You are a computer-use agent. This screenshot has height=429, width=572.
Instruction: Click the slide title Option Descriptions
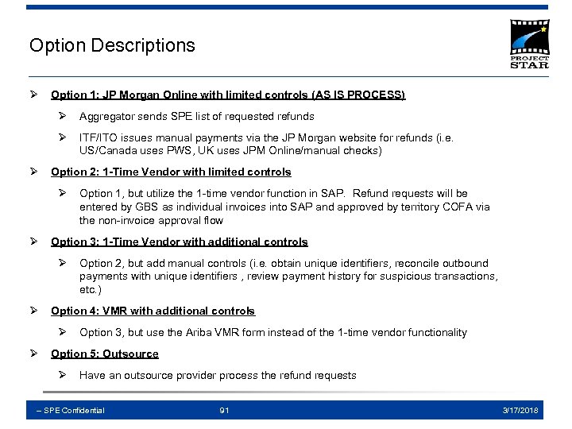click(x=112, y=45)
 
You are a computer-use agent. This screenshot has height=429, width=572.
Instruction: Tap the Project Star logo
click(x=529, y=44)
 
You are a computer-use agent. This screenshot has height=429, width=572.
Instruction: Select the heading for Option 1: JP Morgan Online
click(x=228, y=95)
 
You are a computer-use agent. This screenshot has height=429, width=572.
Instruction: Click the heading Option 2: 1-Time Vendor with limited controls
click(x=171, y=172)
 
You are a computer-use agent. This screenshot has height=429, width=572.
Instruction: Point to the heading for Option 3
click(x=180, y=242)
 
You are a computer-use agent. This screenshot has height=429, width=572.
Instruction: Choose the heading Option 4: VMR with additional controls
click(x=153, y=311)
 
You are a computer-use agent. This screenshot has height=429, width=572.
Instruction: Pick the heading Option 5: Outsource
click(x=105, y=354)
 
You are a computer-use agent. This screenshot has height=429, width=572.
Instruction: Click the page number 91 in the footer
click(x=225, y=410)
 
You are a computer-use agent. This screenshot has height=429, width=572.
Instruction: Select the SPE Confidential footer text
click(x=71, y=410)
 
